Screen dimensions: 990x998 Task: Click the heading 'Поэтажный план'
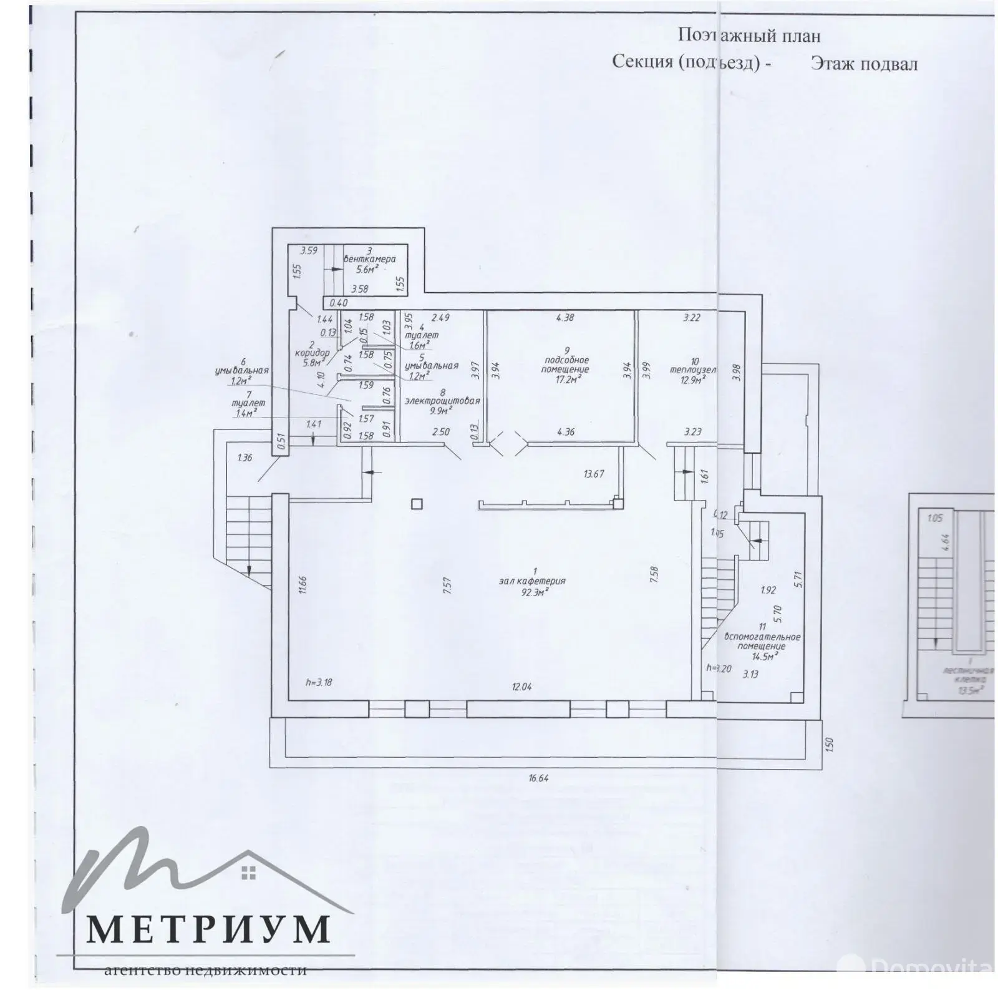(x=748, y=36)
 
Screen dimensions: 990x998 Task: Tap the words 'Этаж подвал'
(x=864, y=64)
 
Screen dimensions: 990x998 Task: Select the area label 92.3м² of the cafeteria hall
(x=535, y=591)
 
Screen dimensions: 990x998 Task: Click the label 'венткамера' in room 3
(x=369, y=259)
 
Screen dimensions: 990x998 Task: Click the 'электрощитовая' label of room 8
(x=442, y=401)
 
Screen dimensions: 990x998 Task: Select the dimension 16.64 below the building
(x=538, y=778)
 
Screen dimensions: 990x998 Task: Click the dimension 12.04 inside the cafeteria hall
(x=521, y=687)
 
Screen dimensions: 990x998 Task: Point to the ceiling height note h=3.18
(x=319, y=682)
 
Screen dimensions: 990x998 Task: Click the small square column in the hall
(x=417, y=504)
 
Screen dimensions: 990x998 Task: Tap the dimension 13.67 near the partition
(x=593, y=474)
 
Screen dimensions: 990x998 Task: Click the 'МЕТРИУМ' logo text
(x=207, y=928)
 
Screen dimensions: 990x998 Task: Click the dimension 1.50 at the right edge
(x=829, y=745)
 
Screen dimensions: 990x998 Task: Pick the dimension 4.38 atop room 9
(x=565, y=317)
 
